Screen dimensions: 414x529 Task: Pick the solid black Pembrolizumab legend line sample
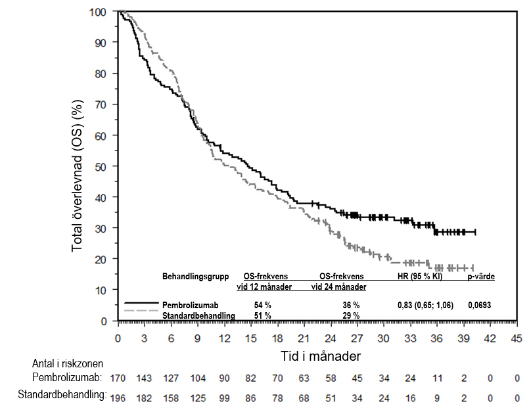[x=141, y=306]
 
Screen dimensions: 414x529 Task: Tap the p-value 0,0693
[x=479, y=306]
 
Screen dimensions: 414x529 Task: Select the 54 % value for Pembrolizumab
[x=263, y=306]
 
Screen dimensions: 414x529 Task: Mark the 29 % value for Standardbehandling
[x=351, y=315]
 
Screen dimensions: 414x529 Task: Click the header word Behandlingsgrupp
[x=195, y=277]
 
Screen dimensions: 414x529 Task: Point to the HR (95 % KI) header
[x=420, y=277]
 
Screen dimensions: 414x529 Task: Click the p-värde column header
[x=481, y=277]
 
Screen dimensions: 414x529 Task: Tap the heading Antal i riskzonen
[x=68, y=363]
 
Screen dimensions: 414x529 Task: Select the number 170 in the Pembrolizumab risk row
[x=118, y=379]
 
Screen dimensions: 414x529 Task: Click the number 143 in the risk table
[x=144, y=379]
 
